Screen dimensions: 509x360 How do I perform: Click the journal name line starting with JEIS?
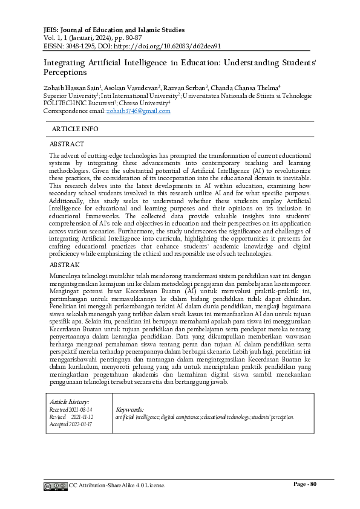tap(114, 30)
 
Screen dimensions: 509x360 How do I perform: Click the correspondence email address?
tap(138, 111)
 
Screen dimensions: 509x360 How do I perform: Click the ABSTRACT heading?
tap(67, 144)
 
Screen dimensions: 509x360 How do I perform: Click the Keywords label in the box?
tap(129, 409)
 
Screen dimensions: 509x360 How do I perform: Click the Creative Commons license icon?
tap(54, 486)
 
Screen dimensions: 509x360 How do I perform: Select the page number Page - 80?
tap(306, 484)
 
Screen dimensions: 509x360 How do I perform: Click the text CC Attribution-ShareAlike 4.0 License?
tap(117, 485)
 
